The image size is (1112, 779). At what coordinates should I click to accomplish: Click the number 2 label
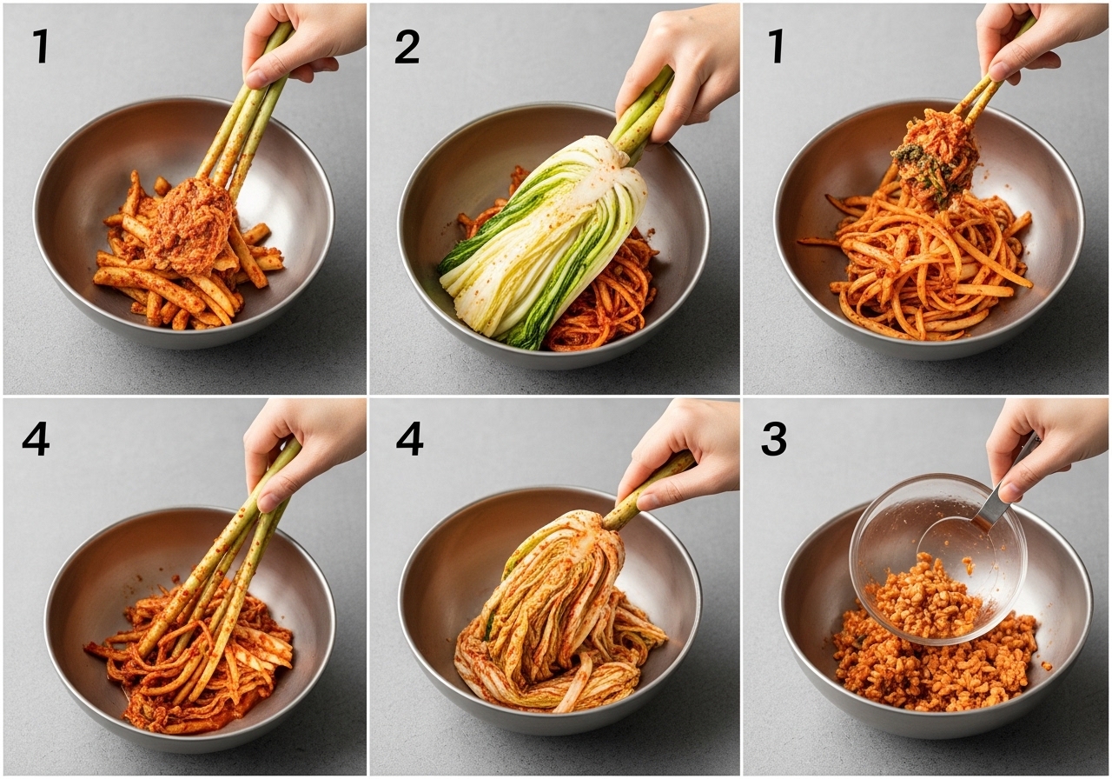407,47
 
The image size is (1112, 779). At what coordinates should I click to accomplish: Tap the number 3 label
774,439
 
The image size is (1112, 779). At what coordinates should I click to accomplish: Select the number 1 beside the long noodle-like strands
776,46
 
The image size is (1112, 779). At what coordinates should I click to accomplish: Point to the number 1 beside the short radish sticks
41,46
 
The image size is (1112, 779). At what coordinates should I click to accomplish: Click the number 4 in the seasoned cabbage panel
409,439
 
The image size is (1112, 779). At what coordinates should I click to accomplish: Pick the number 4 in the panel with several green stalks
36,439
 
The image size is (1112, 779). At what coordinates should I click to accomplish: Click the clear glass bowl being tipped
938,558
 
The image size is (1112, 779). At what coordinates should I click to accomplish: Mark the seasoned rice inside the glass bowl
923,599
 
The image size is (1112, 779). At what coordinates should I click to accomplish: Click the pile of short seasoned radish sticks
186,263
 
